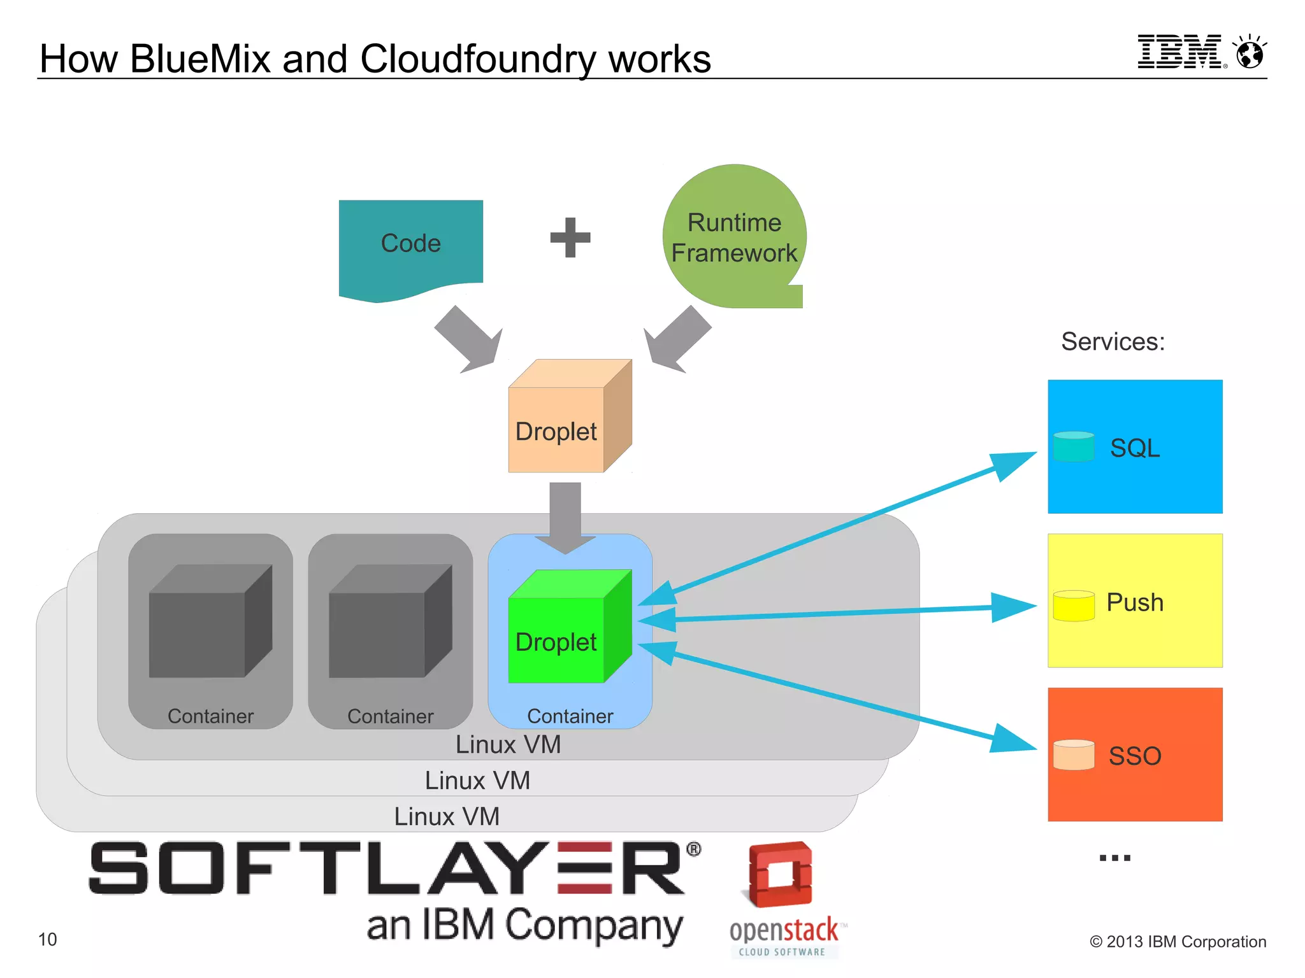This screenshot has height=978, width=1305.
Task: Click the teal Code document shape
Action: (x=410, y=245)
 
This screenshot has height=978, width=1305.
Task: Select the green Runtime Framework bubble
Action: (x=734, y=237)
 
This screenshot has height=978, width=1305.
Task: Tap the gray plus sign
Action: (x=570, y=237)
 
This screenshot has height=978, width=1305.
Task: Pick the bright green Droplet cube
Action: (x=561, y=634)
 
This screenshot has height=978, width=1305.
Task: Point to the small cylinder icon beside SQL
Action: (x=1074, y=446)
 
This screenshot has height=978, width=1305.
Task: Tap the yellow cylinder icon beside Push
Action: (x=1074, y=605)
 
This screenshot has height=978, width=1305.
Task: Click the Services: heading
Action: (x=1113, y=342)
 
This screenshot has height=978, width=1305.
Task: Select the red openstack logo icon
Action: (x=780, y=874)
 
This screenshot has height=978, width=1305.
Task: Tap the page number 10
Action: (x=47, y=939)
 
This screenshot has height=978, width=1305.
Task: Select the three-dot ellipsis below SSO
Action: (x=1114, y=858)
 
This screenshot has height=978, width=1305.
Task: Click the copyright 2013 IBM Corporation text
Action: (x=1178, y=942)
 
